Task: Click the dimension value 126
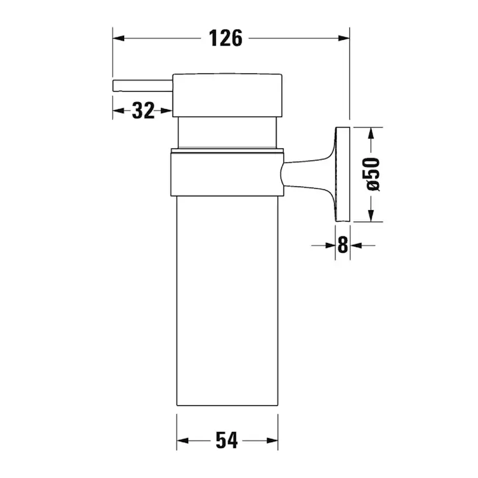coord(226,39)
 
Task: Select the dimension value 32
coord(143,110)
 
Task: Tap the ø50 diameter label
coord(372,174)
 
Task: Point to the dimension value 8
coord(342,245)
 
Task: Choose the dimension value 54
coord(226,440)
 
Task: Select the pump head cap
coord(227,95)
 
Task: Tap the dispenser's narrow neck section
coord(229,132)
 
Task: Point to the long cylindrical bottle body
coord(227,300)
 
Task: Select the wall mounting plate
coord(343,174)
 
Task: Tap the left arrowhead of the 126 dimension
coord(118,39)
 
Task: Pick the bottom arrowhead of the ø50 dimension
coord(372,216)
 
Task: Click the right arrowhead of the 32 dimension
coord(168,110)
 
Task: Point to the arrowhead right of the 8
coord(356,245)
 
